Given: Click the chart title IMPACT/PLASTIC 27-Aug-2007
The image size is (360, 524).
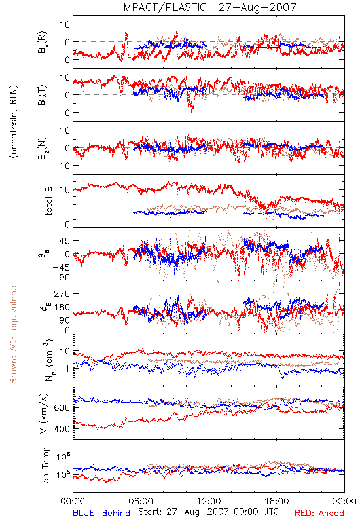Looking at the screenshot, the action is pyautogui.click(x=208, y=7).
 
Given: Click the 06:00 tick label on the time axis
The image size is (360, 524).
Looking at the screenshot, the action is pyautogui.click(x=141, y=501).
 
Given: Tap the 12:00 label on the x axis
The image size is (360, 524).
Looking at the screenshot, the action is pyautogui.click(x=209, y=501).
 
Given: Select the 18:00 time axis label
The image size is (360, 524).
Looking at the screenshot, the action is pyautogui.click(x=277, y=501).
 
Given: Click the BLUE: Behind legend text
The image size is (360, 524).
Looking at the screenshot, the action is pyautogui.click(x=101, y=513).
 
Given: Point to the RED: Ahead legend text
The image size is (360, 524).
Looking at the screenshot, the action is pyautogui.click(x=319, y=513).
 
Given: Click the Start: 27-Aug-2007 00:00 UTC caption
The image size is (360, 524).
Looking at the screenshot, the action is pyautogui.click(x=208, y=512).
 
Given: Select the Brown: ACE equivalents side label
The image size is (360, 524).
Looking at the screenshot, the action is pyautogui.click(x=13, y=333).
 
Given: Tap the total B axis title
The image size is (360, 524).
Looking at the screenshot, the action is pyautogui.click(x=48, y=201).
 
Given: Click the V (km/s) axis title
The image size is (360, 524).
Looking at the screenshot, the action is pyautogui.click(x=44, y=413).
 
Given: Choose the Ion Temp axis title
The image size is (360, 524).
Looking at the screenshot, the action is pyautogui.click(x=45, y=466).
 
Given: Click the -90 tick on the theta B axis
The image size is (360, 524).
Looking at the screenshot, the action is pyautogui.click(x=61, y=277).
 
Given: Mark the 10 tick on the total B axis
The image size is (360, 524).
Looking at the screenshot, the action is pyautogui.click(x=65, y=190).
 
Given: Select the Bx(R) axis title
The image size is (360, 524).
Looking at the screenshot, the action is pyautogui.click(x=43, y=43).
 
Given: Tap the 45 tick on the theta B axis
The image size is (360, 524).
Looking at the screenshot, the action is pyautogui.click(x=65, y=240).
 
